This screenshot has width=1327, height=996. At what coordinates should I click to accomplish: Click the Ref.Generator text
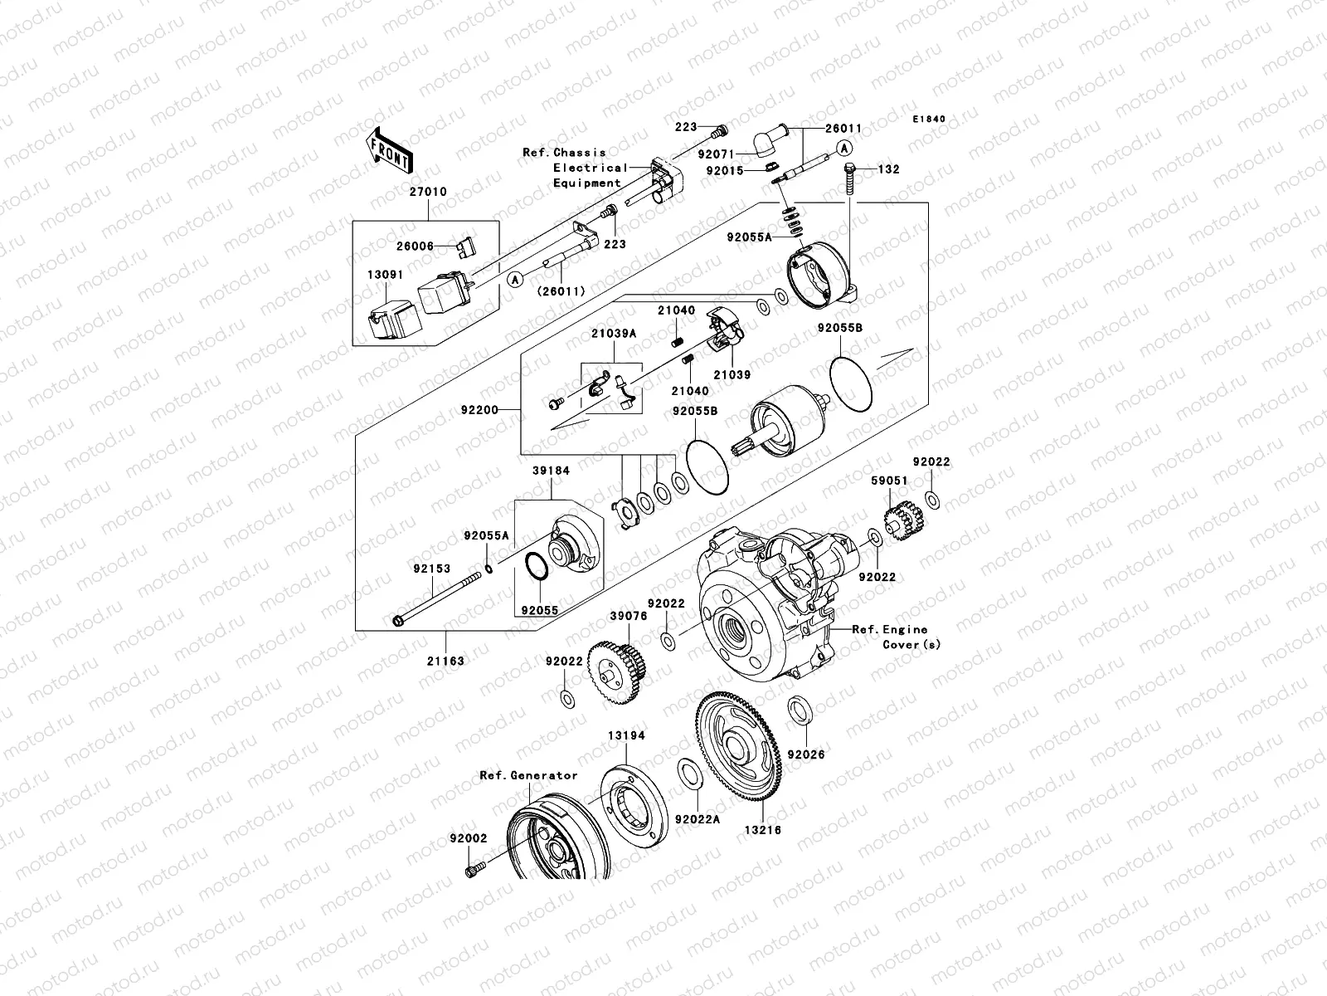tap(528, 775)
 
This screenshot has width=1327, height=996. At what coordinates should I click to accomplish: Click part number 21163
tap(446, 662)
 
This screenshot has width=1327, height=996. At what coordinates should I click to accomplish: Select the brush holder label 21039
tap(732, 374)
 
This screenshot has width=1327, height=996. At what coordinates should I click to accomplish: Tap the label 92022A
tap(698, 819)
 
